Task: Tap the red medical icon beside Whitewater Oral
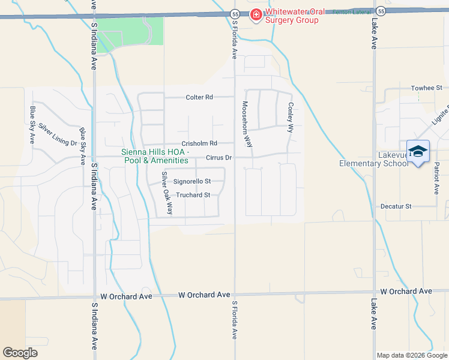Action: [256, 13]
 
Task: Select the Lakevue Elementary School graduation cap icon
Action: [418, 151]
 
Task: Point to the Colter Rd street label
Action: [199, 97]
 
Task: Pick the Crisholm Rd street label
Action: [199, 143]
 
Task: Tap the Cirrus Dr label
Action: [218, 158]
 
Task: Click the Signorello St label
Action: [191, 181]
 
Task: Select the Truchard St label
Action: [193, 195]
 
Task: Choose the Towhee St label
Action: [426, 88]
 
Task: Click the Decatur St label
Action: [396, 206]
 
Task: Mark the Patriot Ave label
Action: [437, 179]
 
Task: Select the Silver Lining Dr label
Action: [58, 134]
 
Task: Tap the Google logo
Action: [20, 352]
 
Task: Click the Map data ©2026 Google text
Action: [411, 355]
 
